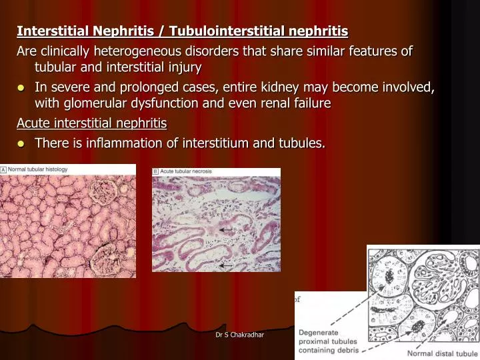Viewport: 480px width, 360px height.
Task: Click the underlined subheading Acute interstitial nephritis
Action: [91, 123]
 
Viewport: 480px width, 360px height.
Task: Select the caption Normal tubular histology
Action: [37, 170]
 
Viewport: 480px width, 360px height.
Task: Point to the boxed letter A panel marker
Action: [3, 170]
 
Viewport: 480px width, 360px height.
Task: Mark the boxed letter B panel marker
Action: [155, 172]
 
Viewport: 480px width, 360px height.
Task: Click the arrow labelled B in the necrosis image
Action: [227, 230]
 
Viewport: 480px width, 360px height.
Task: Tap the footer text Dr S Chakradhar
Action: [239, 334]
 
